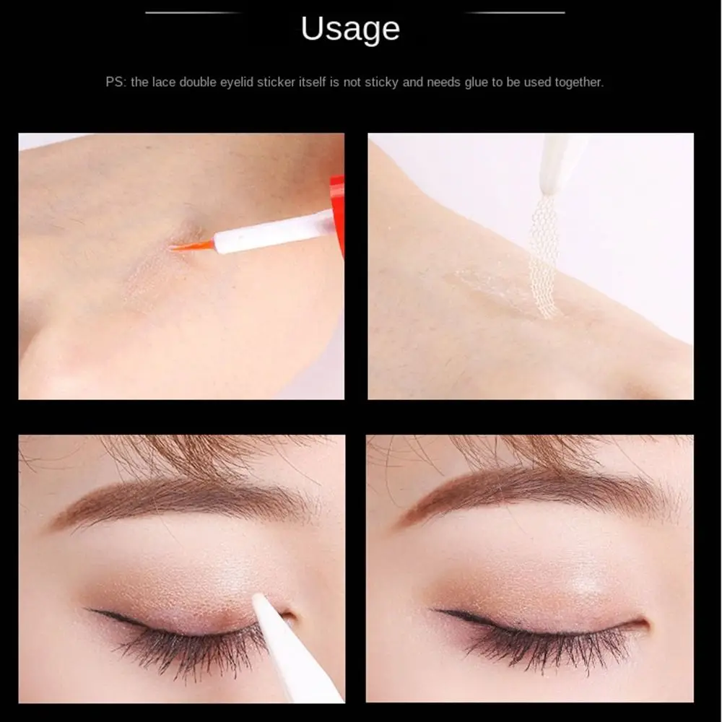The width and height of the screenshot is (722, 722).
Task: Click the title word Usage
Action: pyautogui.click(x=350, y=30)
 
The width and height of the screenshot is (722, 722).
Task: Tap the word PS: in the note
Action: pyautogui.click(x=116, y=82)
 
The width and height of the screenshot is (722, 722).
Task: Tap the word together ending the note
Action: pyautogui.click(x=578, y=82)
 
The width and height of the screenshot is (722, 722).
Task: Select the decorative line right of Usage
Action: pyautogui.click(x=515, y=12)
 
